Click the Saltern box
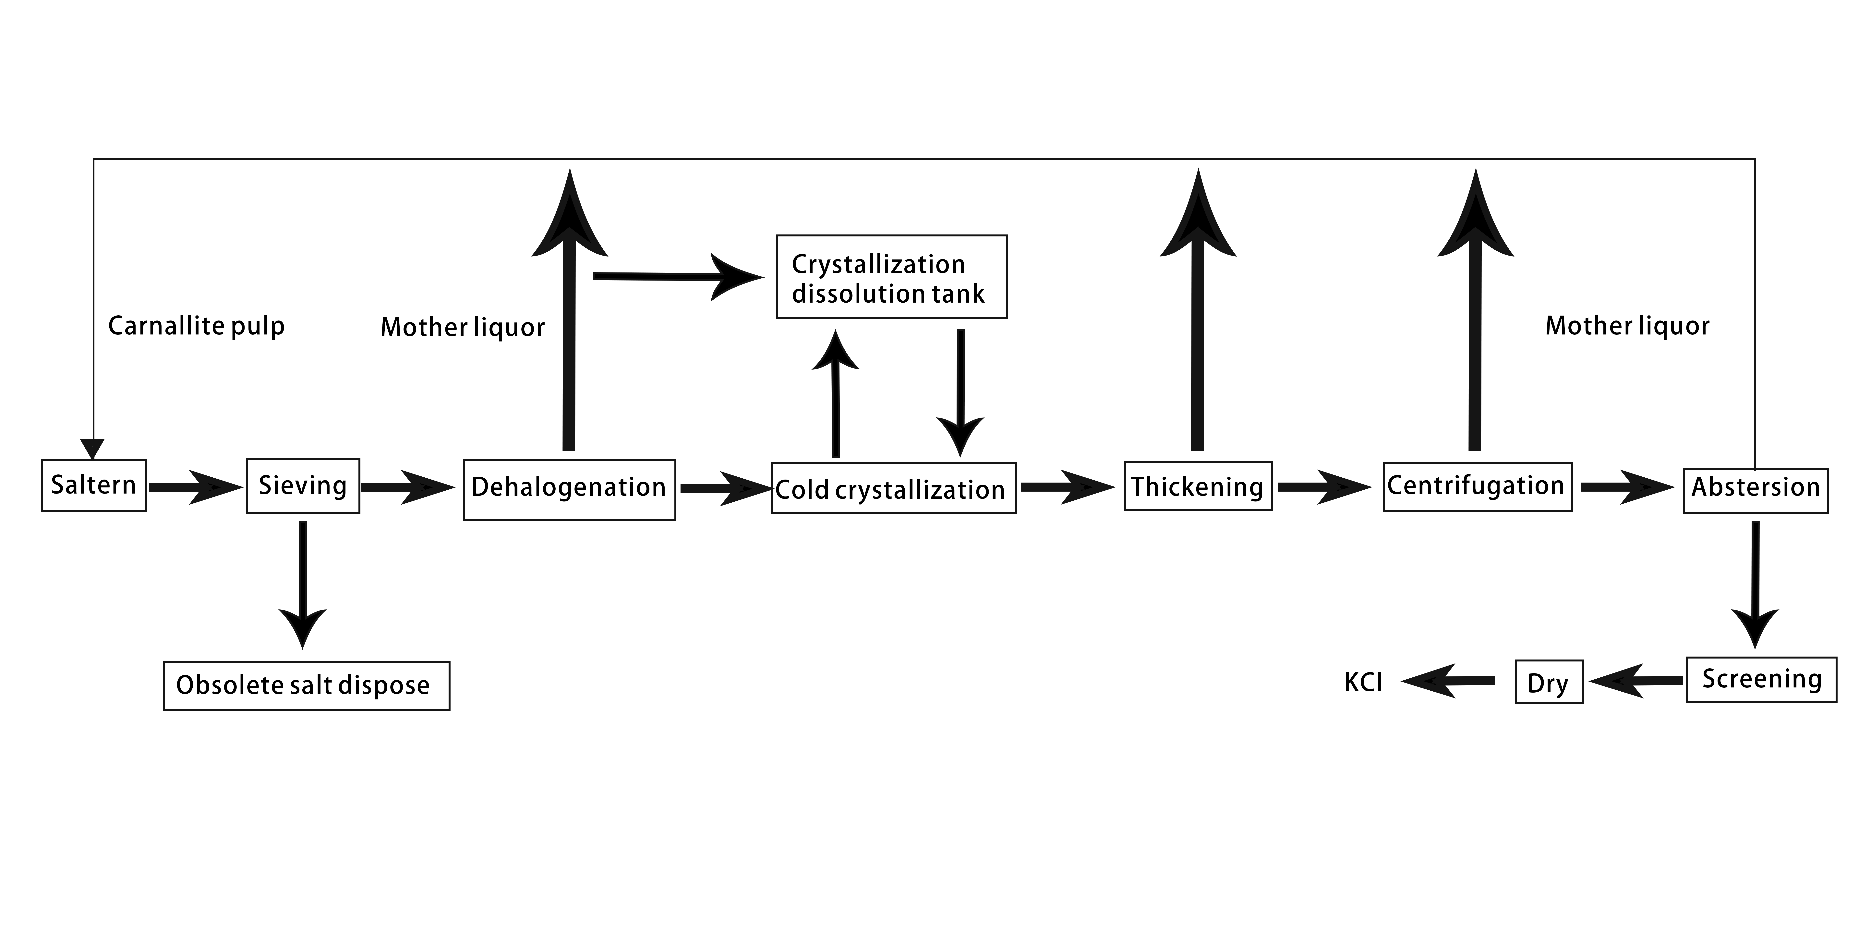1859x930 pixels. (x=94, y=485)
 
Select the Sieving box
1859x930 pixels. (x=303, y=485)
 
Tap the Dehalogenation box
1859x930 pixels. (x=569, y=490)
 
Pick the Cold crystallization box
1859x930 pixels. (x=893, y=488)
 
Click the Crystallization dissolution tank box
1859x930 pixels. (x=892, y=277)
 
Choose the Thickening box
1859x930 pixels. (x=1198, y=486)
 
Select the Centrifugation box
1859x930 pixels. (x=1477, y=487)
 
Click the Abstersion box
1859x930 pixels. (x=1756, y=490)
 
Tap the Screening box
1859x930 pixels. (x=1762, y=679)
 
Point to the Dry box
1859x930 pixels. (x=1549, y=682)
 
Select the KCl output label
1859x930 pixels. (x=1363, y=682)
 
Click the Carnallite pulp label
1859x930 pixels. (x=196, y=326)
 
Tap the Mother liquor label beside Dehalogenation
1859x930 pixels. (x=463, y=327)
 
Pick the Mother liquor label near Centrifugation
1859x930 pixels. (x=1627, y=326)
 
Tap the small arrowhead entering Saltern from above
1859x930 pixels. (x=92, y=449)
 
